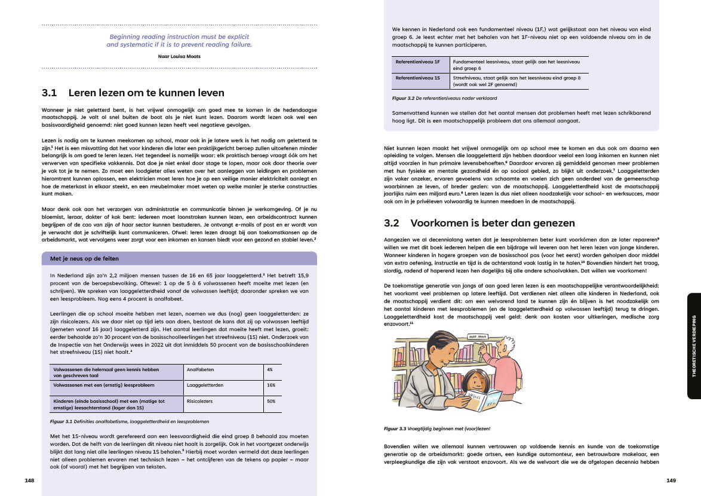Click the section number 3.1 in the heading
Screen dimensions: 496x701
tap(49, 93)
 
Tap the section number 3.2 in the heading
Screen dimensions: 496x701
tap(391, 223)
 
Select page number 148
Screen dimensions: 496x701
tap(29, 480)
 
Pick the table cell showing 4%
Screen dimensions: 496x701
tap(270, 370)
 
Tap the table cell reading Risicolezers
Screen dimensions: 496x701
tap(199, 401)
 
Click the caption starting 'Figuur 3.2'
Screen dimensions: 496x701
tap(445, 97)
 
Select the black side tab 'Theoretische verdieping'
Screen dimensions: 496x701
tap(694, 346)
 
